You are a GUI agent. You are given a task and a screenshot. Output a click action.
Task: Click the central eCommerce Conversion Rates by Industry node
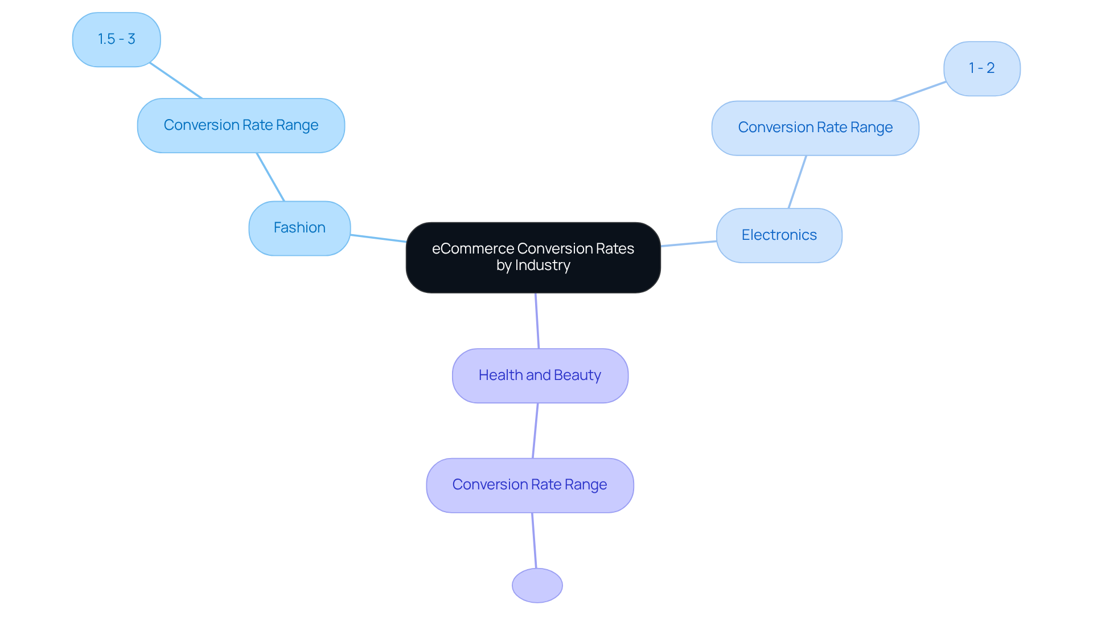(x=533, y=258)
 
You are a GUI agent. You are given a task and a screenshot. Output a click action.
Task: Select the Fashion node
(x=299, y=228)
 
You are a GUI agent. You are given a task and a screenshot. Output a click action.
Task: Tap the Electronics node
(x=779, y=235)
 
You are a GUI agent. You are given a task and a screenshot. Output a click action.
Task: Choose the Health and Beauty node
(x=540, y=375)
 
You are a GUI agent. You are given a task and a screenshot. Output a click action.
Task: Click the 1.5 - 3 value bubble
(x=116, y=39)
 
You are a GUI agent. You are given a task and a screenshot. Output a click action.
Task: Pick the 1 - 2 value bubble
(x=981, y=68)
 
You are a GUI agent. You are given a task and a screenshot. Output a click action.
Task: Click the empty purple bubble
(x=537, y=585)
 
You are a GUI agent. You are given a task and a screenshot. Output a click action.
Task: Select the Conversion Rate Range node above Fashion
(x=241, y=125)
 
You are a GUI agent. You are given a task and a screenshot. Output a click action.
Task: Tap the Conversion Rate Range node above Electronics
(x=815, y=128)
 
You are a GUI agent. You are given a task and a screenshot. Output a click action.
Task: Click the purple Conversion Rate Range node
(x=529, y=485)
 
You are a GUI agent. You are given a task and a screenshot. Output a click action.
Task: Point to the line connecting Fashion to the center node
(x=378, y=238)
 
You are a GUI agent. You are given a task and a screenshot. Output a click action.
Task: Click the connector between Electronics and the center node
(x=688, y=244)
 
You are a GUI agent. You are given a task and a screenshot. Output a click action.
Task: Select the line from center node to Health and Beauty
(x=537, y=321)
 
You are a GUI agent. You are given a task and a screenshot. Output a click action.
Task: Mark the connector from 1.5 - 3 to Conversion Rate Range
(x=175, y=80)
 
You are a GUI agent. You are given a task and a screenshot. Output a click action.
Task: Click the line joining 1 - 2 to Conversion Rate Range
(x=918, y=92)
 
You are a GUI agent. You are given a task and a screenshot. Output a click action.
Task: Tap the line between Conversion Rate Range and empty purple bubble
(x=534, y=540)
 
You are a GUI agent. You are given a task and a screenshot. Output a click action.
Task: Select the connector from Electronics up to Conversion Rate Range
(x=797, y=182)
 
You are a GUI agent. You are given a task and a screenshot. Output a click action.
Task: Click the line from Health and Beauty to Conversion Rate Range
(x=535, y=431)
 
